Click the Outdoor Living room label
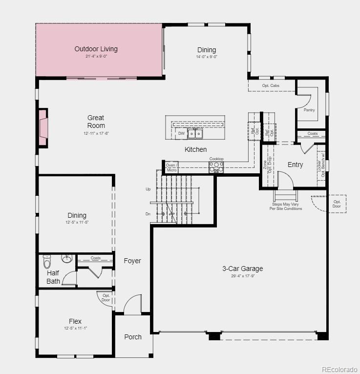(x=96, y=49)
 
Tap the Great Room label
(x=96, y=122)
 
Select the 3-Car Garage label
(x=242, y=269)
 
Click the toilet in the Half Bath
(x=47, y=262)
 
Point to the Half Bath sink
(x=67, y=258)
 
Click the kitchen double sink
(x=196, y=133)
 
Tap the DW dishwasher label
(x=181, y=133)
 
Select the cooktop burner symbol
(x=216, y=167)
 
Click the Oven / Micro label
(x=171, y=167)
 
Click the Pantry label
(x=309, y=110)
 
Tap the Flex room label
(x=75, y=321)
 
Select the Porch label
(x=133, y=337)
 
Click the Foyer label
(x=132, y=261)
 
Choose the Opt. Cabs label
(x=271, y=86)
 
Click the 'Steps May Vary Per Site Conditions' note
(x=286, y=207)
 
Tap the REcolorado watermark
(x=339, y=369)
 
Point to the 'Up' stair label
(x=148, y=189)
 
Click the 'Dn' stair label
(x=148, y=214)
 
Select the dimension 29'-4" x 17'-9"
(x=242, y=276)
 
